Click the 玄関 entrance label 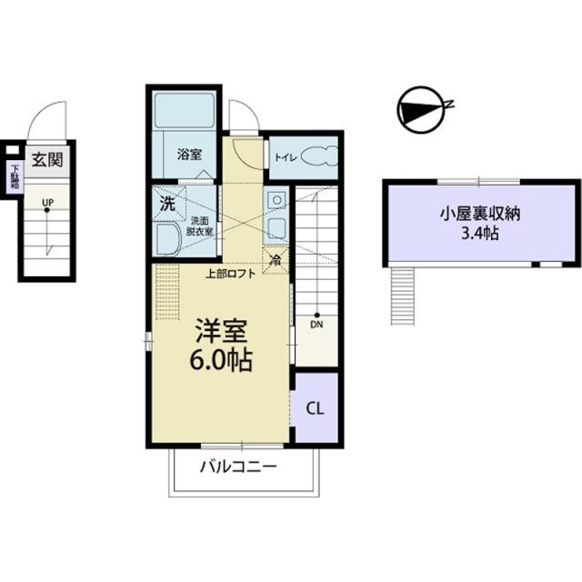coord(46,160)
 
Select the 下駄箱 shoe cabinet coord(15,176)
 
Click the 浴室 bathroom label coord(188,155)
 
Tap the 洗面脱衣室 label coord(201,226)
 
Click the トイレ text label coord(284,156)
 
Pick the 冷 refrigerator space coord(276,258)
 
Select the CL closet coord(315,407)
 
